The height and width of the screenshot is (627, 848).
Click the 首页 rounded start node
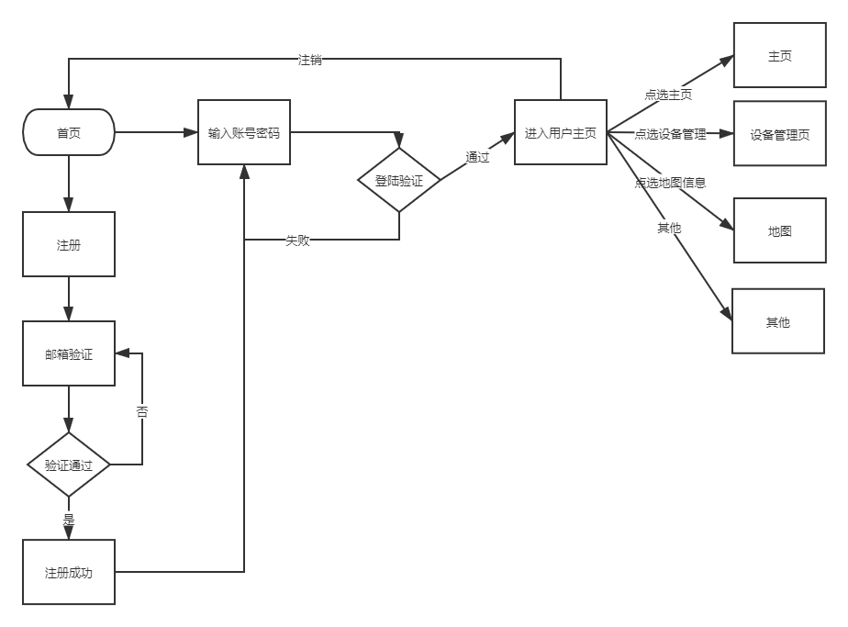pyautogui.click(x=69, y=133)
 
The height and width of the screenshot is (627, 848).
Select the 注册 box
pyautogui.click(x=69, y=244)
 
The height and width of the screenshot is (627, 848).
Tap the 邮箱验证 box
pyautogui.click(x=69, y=353)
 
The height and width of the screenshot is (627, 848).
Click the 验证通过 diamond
pyautogui.click(x=69, y=465)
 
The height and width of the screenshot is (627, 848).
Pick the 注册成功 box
pyautogui.click(x=69, y=572)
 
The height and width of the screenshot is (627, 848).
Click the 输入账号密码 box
pyautogui.click(x=244, y=133)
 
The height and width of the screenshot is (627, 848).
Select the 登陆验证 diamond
pyautogui.click(x=399, y=181)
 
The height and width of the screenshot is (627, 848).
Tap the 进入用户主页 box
pyautogui.click(x=561, y=133)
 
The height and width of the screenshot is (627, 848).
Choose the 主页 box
pyautogui.click(x=779, y=56)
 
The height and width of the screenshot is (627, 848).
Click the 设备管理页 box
pyautogui.click(x=779, y=134)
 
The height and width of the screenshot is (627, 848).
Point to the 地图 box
pyautogui.click(x=779, y=230)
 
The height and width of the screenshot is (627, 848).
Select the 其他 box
pyautogui.click(x=778, y=321)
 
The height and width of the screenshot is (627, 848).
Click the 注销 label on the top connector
pyautogui.click(x=310, y=60)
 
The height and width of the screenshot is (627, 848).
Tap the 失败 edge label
pyautogui.click(x=297, y=241)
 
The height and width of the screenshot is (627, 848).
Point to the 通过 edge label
pyautogui.click(x=477, y=157)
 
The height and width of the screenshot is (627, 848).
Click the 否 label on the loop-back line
pyautogui.click(x=142, y=411)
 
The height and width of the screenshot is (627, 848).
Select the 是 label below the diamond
pyautogui.click(x=69, y=518)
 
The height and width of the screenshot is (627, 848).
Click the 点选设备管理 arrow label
pyautogui.click(x=670, y=134)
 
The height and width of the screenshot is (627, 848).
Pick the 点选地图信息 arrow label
pyautogui.click(x=670, y=182)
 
